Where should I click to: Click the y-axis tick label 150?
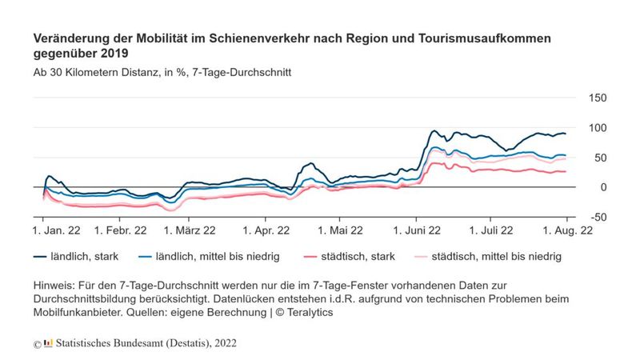point(597,98)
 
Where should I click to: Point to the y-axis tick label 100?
point(597,128)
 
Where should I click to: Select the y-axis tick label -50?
point(597,217)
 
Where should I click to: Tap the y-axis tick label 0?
point(593,187)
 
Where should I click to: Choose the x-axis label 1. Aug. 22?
point(568,230)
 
